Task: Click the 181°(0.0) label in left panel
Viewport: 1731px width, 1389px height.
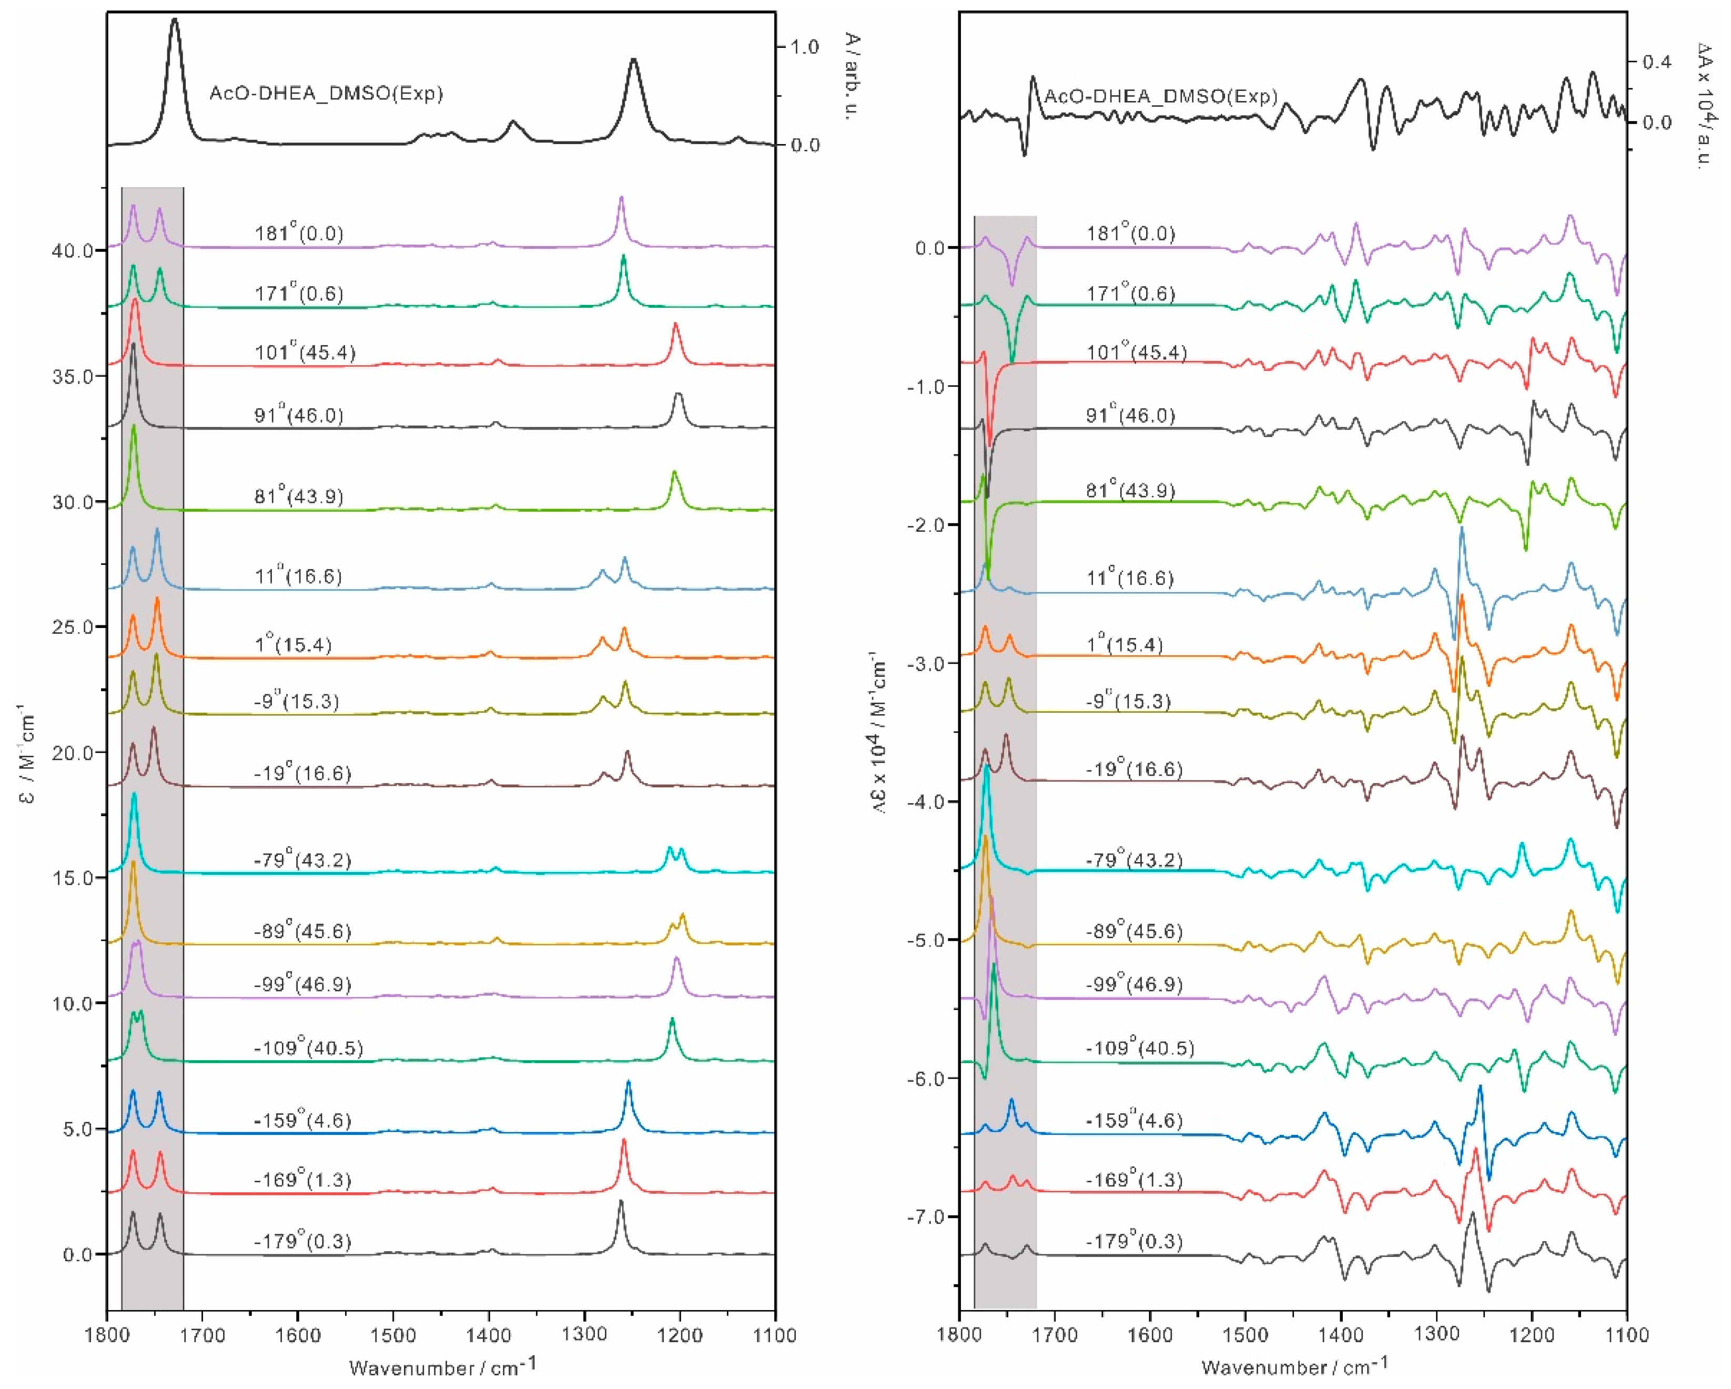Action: click(x=299, y=234)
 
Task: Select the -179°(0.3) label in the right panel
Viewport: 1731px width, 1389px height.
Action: click(x=1130, y=1241)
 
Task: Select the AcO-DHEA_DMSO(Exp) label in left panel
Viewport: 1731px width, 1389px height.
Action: click(x=326, y=93)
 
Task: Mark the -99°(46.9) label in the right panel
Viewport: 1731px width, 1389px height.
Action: click(x=1133, y=985)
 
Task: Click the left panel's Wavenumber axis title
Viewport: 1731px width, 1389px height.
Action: click(x=442, y=1366)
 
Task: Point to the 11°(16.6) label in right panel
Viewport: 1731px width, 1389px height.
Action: click(x=1130, y=578)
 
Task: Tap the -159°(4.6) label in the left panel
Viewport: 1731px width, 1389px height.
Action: click(x=302, y=1120)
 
